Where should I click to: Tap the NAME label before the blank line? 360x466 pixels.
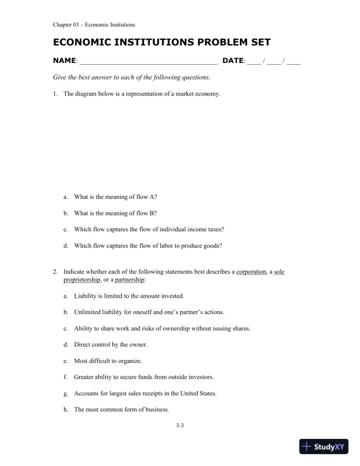[64, 61]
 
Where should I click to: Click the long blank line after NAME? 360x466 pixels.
[148, 62]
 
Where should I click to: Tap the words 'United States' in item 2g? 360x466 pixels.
[198, 393]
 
